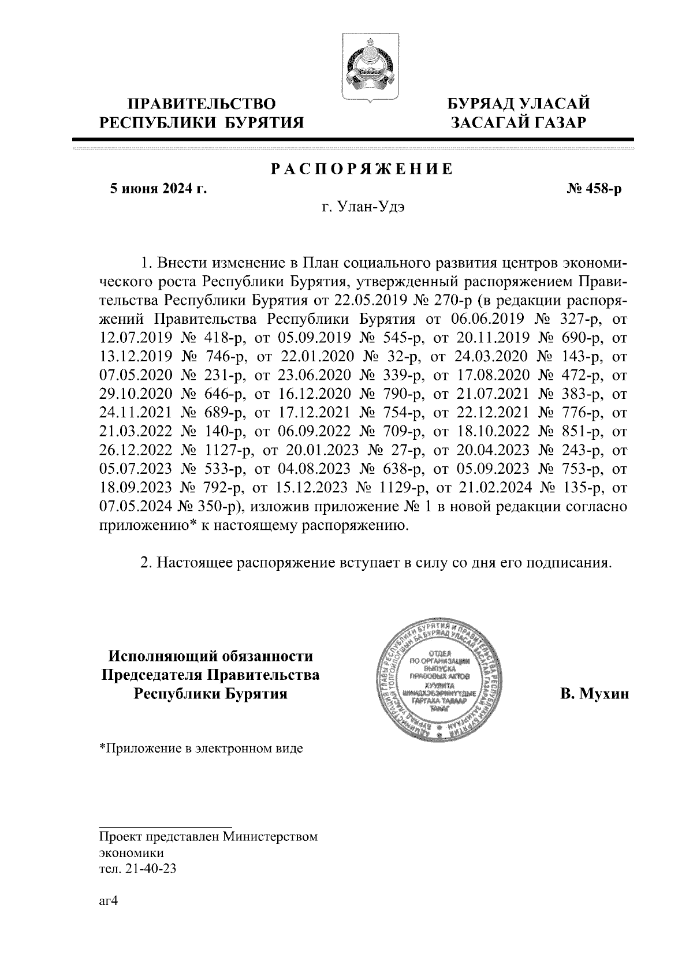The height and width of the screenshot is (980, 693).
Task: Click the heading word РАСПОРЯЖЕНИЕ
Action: tap(362, 169)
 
